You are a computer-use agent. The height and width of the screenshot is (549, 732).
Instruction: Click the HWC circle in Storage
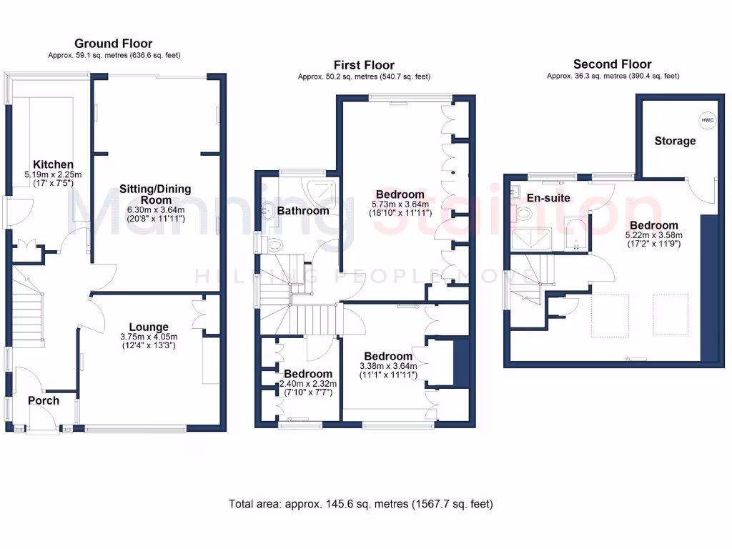(x=707, y=120)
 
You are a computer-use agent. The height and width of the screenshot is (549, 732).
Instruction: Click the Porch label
(x=44, y=400)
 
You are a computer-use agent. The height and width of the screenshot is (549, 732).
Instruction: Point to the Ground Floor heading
(x=114, y=44)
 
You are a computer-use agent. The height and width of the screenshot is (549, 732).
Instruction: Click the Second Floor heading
(x=613, y=64)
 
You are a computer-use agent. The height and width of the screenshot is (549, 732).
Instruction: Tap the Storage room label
(x=675, y=141)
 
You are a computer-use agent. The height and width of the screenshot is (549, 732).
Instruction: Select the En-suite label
(x=548, y=197)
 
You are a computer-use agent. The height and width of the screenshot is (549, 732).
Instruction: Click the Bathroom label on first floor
(x=303, y=211)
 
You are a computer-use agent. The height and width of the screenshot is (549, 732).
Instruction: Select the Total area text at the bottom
(x=360, y=504)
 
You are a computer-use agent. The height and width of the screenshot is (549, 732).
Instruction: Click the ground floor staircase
(x=29, y=315)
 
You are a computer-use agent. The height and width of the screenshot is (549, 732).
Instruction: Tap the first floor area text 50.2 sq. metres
(x=364, y=76)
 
